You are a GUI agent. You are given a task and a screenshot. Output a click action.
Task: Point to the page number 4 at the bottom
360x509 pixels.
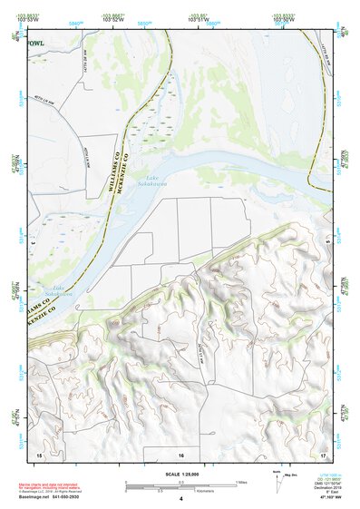pos(180,499)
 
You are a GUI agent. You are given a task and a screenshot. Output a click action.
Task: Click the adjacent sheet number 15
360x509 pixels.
pos(39,454)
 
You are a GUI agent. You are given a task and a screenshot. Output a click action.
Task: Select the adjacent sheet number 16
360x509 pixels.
pos(180,454)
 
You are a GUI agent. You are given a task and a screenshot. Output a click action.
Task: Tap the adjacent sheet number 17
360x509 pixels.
pos(323,454)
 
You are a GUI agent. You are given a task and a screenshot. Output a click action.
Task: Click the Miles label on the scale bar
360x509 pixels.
pos(241,482)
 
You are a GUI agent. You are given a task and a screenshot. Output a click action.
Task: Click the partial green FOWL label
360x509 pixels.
pos(34,43)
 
